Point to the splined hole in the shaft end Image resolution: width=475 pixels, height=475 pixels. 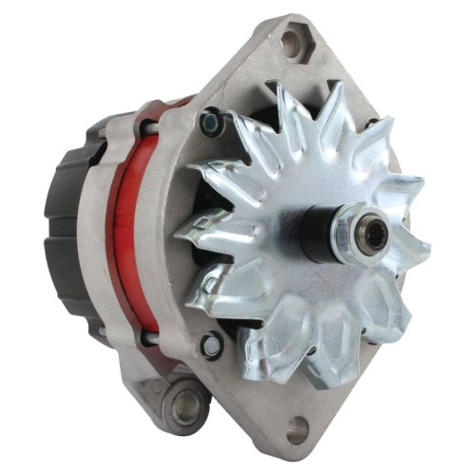[374, 237]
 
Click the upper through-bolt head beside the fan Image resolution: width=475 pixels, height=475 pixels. [212, 123]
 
